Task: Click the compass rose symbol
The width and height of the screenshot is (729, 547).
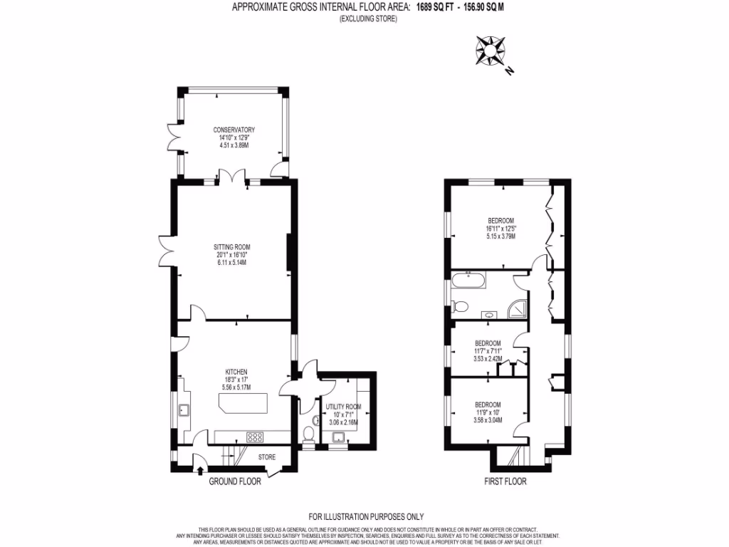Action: [x=491, y=51]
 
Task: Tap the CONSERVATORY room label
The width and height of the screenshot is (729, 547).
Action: [x=234, y=130]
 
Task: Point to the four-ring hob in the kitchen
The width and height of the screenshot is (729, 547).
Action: [x=254, y=437]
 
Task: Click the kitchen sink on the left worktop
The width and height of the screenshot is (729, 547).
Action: [x=183, y=410]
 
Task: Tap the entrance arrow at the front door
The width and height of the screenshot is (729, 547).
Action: [x=199, y=469]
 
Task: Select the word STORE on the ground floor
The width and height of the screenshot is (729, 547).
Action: [x=266, y=457]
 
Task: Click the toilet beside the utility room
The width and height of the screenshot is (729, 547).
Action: [x=308, y=434]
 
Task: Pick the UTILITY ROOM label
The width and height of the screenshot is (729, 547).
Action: [x=343, y=407]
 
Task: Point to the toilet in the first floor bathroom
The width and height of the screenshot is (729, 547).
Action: [x=460, y=307]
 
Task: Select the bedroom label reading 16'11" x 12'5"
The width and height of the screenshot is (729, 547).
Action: [x=500, y=229]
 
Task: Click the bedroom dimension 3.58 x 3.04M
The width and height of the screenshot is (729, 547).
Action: [x=488, y=420]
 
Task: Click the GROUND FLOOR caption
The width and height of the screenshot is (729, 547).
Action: [x=235, y=481]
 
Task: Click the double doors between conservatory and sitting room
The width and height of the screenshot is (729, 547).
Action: [x=232, y=177]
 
